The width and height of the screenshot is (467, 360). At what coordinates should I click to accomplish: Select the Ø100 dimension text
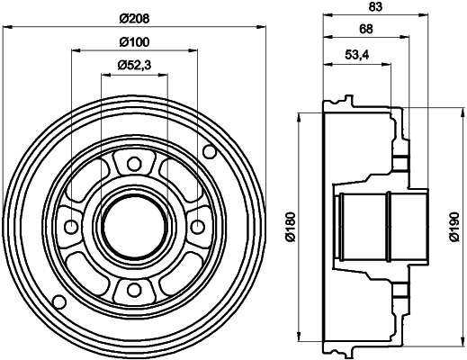[x=133, y=40]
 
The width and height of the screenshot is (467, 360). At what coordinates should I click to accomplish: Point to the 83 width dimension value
[x=364, y=8]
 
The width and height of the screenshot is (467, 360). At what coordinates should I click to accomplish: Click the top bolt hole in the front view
[x=134, y=163]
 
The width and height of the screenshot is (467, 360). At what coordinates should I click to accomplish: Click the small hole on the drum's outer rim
[x=60, y=300]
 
